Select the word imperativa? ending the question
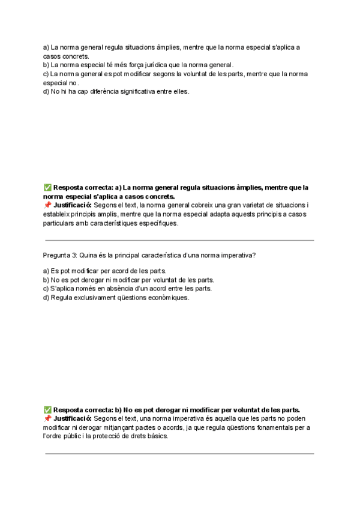(x=236, y=255)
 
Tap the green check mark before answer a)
(x=47, y=187)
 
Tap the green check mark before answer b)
(x=47, y=410)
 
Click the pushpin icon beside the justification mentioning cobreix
(x=47, y=205)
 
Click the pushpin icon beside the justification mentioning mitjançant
(x=47, y=418)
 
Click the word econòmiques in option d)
(x=167, y=297)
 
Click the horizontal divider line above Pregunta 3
(x=179, y=240)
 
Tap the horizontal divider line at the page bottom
(x=179, y=454)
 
